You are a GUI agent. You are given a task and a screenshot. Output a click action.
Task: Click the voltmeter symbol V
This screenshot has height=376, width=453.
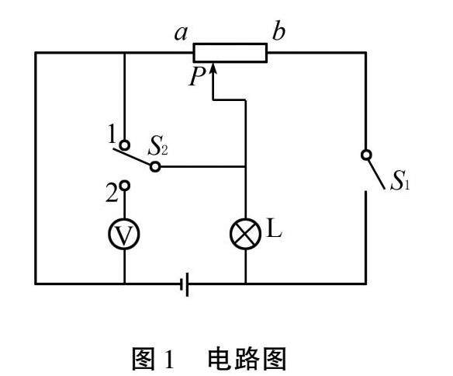pyautogui.click(x=124, y=234)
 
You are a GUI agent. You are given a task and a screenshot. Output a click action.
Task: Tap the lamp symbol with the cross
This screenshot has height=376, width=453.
pyautogui.click(x=245, y=234)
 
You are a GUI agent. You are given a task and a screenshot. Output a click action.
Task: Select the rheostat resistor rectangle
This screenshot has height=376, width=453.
pyautogui.click(x=230, y=53)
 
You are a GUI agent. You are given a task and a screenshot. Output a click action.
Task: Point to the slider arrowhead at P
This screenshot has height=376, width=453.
pyautogui.click(x=213, y=69)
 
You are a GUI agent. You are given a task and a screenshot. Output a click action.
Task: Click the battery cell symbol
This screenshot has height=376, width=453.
pyautogui.click(x=185, y=284)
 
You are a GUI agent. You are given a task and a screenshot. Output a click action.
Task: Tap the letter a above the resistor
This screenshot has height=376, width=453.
pyautogui.click(x=182, y=33)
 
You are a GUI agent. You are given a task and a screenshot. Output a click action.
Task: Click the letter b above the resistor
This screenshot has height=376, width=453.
pyautogui.click(x=278, y=30)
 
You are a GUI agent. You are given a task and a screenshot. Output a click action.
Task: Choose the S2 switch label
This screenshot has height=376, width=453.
pyautogui.click(x=157, y=148)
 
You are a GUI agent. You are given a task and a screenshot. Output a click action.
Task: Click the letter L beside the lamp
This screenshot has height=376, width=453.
pyautogui.click(x=274, y=228)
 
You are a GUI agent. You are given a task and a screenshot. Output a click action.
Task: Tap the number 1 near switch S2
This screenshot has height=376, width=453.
pyautogui.click(x=112, y=134)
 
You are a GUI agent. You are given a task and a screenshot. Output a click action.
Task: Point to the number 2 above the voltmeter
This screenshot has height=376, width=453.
pyautogui.click(x=112, y=193)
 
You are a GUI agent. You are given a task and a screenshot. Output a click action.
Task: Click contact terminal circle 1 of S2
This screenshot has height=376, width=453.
pyautogui.click(x=125, y=144)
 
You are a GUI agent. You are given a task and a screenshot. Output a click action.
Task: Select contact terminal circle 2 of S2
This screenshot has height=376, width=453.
pyautogui.click(x=125, y=186)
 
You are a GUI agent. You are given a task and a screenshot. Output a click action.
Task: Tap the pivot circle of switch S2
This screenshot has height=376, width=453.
pyautogui.click(x=155, y=167)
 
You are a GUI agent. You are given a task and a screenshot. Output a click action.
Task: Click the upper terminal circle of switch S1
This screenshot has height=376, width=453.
pyautogui.click(x=366, y=155)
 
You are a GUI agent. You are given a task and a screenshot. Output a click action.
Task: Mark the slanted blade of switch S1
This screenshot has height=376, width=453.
pyautogui.click(x=376, y=174)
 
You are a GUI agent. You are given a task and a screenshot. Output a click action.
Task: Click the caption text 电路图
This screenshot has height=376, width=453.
pyautogui.click(x=247, y=359)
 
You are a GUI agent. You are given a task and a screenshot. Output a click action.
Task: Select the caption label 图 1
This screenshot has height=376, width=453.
pyautogui.click(x=153, y=359)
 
